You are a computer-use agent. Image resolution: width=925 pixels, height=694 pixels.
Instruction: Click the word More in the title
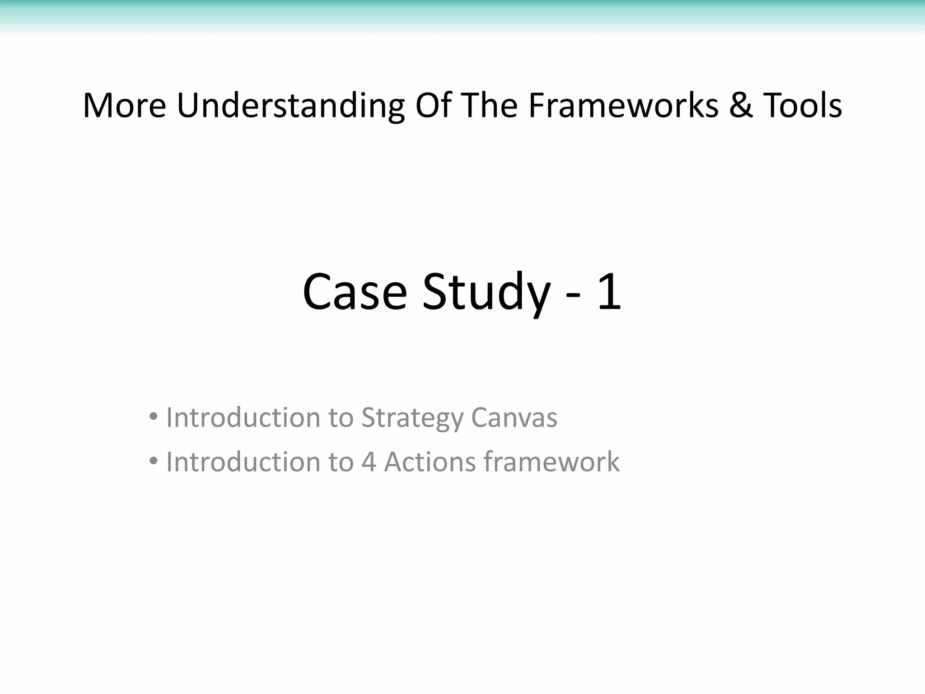click(125, 106)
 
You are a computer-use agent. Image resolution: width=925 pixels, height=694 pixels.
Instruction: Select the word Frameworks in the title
click(623, 106)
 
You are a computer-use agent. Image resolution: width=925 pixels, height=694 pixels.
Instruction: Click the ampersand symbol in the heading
click(741, 106)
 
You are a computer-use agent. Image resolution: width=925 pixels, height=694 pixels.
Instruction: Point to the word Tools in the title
click(803, 106)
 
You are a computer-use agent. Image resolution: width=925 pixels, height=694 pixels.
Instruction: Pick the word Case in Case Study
click(355, 292)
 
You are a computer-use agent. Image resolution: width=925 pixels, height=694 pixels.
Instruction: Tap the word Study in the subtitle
click(486, 292)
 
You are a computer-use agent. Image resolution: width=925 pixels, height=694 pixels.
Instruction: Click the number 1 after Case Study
click(609, 292)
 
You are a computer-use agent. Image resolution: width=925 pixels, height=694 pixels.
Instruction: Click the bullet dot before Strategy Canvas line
click(154, 417)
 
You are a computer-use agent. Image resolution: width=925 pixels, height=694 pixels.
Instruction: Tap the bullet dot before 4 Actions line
click(154, 461)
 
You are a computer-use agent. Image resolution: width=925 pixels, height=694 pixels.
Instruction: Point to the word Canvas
click(514, 417)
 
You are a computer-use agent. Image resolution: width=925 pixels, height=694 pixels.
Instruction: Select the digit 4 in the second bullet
click(369, 462)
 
